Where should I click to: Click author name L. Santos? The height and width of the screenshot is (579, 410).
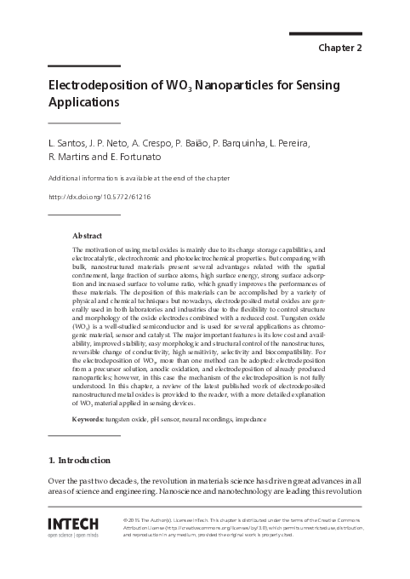[67, 143]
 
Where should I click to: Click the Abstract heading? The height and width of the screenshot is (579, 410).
[88, 234]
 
